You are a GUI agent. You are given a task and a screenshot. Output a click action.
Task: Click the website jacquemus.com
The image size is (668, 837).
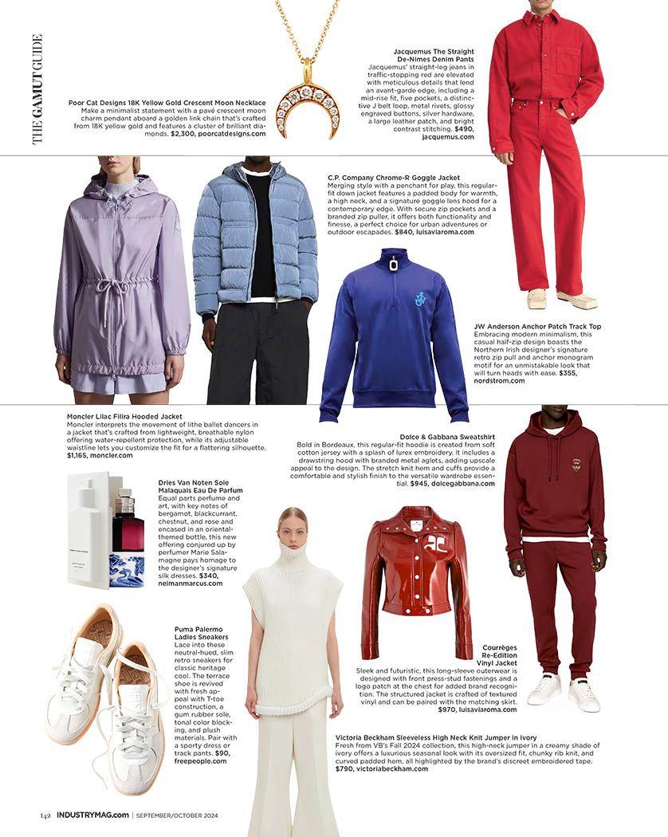[448, 136]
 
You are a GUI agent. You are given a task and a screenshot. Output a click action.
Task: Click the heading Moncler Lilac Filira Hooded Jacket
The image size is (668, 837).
[124, 416]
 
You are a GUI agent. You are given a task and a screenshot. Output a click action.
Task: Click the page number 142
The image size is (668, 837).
[46, 815]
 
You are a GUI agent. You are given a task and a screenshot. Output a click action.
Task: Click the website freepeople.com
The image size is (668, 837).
[200, 760]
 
